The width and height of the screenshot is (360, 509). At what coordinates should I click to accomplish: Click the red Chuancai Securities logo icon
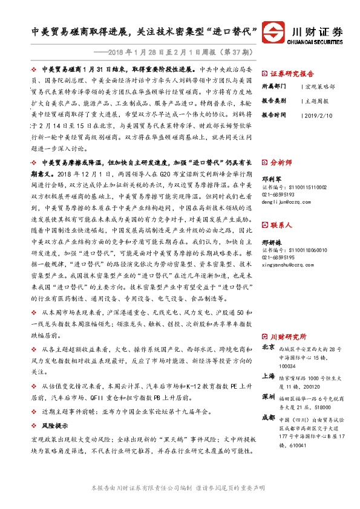point(279,33)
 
